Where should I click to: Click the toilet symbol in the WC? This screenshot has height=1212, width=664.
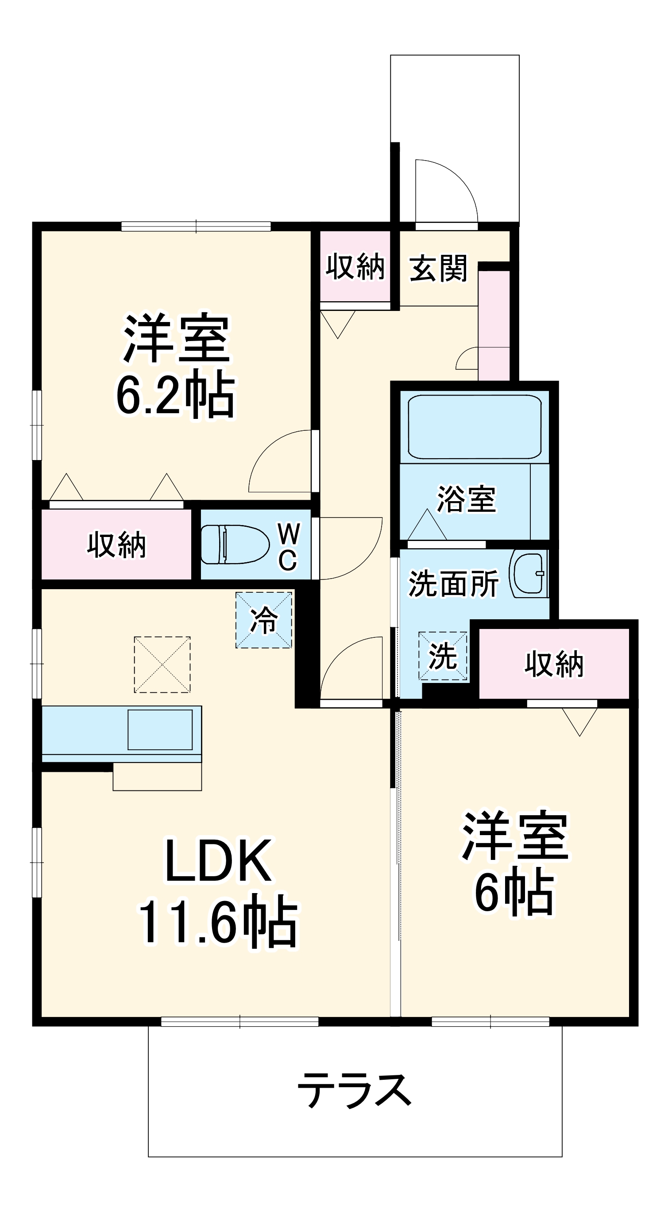click(x=235, y=545)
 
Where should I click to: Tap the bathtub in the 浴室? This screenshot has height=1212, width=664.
click(x=474, y=426)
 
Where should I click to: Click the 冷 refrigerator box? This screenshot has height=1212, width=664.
click(x=264, y=620)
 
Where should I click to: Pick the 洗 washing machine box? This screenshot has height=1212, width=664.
click(x=443, y=656)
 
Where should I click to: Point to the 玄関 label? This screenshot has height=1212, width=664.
click(x=438, y=268)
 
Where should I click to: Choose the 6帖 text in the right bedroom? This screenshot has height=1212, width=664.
click(x=514, y=893)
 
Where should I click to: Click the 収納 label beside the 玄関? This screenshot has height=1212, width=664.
click(x=355, y=266)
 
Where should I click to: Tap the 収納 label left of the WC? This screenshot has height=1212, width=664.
click(x=116, y=545)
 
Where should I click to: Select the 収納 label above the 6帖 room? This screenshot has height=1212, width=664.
click(x=554, y=664)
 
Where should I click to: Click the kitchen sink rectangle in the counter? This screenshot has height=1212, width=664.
click(x=160, y=729)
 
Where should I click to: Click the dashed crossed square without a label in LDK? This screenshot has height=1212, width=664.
click(x=162, y=664)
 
